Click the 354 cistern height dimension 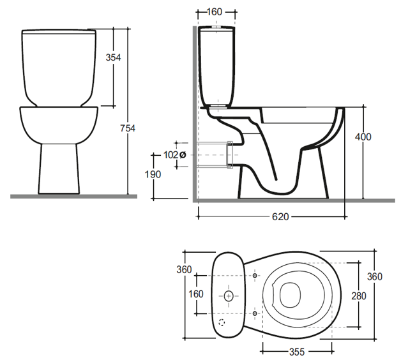[113, 57]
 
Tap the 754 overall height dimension [128, 128]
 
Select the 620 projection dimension [280, 217]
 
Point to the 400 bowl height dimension [363, 137]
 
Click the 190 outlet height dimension [153, 174]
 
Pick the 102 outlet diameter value [171, 155]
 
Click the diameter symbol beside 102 [183, 155]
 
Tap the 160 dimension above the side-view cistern [215, 11]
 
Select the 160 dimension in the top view [196, 294]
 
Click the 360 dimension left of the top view [184, 269]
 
